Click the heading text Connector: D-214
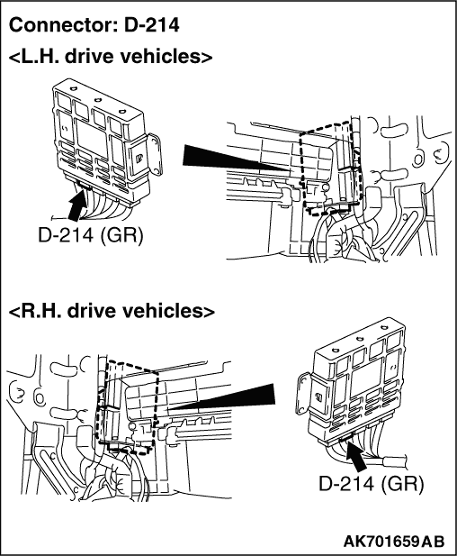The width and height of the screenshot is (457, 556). click(x=94, y=25)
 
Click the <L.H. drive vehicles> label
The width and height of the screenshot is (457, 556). click(x=111, y=57)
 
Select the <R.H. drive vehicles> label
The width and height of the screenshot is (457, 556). click(x=112, y=311)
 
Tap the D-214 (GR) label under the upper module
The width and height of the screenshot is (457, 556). click(x=91, y=234)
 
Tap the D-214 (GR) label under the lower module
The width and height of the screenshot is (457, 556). click(x=372, y=483)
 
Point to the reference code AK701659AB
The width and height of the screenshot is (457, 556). click(x=394, y=542)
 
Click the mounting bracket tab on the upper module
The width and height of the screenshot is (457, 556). click(x=155, y=154)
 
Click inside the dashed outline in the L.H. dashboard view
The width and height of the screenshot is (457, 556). click(x=329, y=170)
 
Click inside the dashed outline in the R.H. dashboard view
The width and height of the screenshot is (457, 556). click(x=128, y=408)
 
